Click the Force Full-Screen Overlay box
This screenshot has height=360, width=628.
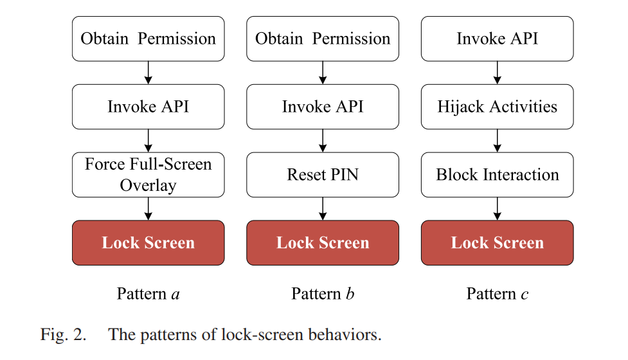(148, 175)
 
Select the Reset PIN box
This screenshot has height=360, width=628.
(323, 175)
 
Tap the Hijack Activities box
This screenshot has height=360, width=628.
(498, 107)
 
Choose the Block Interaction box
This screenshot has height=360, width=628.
(498, 175)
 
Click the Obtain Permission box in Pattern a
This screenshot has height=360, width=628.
(148, 39)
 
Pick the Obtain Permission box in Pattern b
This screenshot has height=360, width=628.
(323, 39)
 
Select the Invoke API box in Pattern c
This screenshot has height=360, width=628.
(498, 39)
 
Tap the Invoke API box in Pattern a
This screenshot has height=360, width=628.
(148, 107)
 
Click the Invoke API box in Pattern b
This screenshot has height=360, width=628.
(323, 107)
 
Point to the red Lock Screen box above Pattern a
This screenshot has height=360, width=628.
(148, 242)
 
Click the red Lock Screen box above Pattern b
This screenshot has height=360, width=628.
(323, 242)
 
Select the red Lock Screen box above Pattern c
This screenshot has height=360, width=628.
(498, 242)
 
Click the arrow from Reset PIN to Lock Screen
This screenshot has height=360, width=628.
(323, 209)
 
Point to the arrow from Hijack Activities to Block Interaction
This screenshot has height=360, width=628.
(498, 141)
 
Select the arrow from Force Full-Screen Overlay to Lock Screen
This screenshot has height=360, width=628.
(148, 209)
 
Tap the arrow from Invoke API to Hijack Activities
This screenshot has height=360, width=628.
(498, 73)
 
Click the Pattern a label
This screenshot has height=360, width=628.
(148, 294)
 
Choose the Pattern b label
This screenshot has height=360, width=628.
(323, 294)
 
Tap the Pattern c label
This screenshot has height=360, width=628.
(498, 294)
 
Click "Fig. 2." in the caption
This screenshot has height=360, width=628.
(63, 335)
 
